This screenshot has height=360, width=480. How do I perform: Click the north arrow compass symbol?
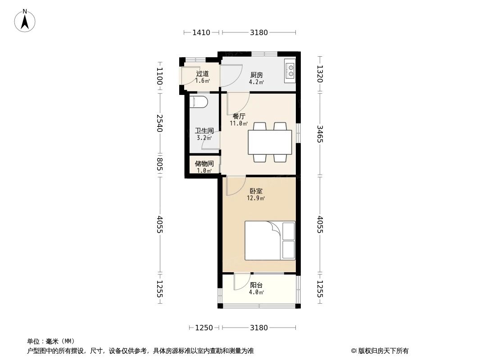point(25,21)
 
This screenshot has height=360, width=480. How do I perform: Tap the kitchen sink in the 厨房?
point(290,71)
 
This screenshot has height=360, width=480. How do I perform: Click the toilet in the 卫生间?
point(199,102)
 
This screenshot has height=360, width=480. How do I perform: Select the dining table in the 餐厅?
point(270,142)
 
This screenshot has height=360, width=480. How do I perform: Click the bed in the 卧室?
point(270,240)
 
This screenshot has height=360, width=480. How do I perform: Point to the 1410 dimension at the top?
point(201,32)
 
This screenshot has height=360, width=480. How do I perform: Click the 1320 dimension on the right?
point(320,74)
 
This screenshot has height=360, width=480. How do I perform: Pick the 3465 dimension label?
point(320,134)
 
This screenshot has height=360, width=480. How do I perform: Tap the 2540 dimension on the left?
point(159,123)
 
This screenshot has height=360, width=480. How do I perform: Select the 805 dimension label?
point(159,164)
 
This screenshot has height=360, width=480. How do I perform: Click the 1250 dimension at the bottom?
point(204,328)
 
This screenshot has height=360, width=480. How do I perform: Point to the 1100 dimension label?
point(159,76)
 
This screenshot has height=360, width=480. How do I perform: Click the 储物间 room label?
point(204,164)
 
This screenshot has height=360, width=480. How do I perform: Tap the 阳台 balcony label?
point(256,285)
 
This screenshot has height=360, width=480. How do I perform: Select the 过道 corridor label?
point(202,74)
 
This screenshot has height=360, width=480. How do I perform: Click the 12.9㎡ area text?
point(256,198)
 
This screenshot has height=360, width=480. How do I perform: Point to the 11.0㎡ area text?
point(239,124)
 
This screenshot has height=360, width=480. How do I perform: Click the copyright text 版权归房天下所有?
point(383,351)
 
